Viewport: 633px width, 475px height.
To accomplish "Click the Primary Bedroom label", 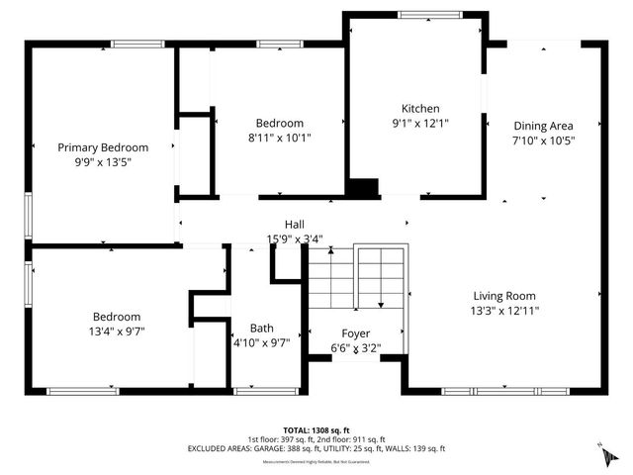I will (102, 147).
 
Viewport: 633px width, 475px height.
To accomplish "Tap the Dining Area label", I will (543, 126).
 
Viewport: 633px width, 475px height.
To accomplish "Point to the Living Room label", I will (504, 295).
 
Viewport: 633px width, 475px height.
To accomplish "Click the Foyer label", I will (356, 333).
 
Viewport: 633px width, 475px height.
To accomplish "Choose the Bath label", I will (262, 328).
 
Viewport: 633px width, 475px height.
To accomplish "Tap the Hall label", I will (295, 225).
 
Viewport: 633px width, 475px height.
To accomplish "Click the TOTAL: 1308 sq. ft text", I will (316, 430).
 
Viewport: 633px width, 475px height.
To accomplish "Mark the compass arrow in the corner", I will (600, 454).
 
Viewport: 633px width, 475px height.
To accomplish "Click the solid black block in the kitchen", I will (365, 188).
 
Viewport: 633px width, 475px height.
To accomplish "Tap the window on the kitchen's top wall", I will (427, 14).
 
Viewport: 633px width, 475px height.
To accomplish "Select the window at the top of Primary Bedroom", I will (137, 44).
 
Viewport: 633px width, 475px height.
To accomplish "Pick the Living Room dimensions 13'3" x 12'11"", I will (504, 311).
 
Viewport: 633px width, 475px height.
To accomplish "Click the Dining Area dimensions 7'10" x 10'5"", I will (543, 141).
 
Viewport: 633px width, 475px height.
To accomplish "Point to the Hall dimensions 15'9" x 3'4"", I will (295, 238).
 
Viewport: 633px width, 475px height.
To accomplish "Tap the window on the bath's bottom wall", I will (264, 391).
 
